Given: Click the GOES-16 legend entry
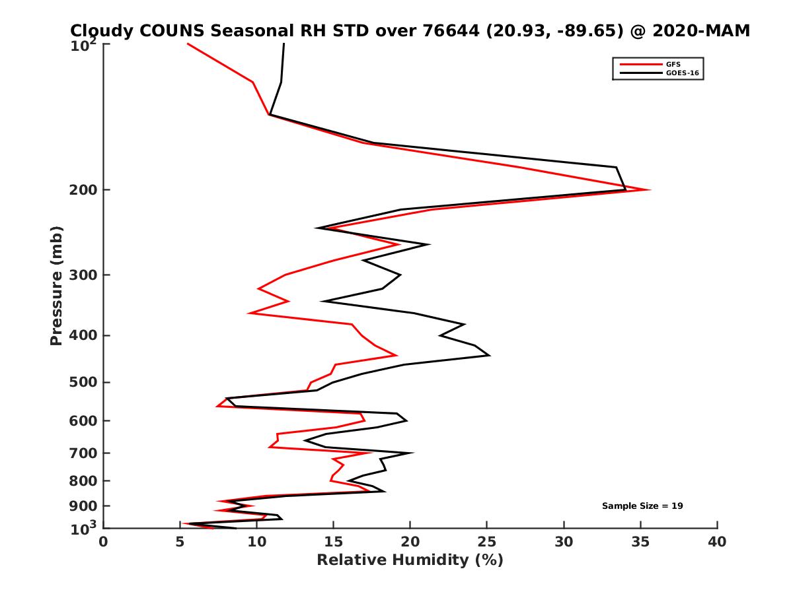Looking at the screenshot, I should point(680,73).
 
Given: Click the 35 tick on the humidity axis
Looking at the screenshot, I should point(640,542).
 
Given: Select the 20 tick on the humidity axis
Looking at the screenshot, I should point(410,542).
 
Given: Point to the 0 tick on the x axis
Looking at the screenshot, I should point(104,542).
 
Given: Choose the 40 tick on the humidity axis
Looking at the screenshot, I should point(717,542).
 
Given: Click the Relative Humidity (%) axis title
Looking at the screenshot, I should point(410,560).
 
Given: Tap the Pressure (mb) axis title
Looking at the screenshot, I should point(56,285).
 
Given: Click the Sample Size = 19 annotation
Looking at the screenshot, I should point(642,506).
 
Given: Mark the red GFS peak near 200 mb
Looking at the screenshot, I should point(650,190).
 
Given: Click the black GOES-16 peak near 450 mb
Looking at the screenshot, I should point(490,356).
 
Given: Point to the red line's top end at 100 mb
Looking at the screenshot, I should point(188,44).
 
